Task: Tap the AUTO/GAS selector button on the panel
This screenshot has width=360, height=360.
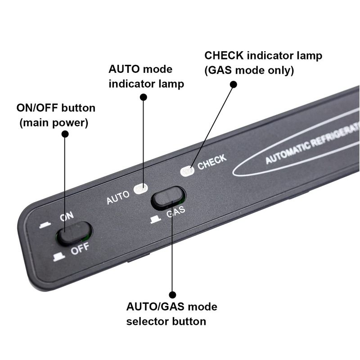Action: coord(168,197)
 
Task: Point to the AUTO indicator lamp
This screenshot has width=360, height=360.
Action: coord(141,189)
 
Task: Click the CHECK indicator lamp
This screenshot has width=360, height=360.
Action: coord(187,171)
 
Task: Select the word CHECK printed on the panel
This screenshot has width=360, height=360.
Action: coord(211,162)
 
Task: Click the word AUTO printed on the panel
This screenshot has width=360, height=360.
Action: coord(118,197)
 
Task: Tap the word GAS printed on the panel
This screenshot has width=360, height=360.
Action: coord(175,212)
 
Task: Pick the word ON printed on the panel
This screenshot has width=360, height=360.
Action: coord(67,217)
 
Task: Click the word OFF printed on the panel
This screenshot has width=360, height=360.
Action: coord(80,249)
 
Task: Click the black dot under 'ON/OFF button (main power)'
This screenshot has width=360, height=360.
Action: coord(65,134)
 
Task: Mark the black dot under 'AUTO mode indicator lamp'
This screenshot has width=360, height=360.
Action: coord(144,97)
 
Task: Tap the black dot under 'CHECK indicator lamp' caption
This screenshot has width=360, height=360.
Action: coord(234,84)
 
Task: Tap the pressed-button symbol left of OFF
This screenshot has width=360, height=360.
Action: coord(59,257)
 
